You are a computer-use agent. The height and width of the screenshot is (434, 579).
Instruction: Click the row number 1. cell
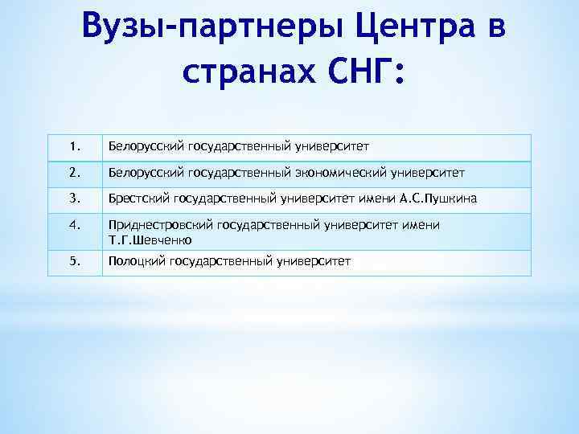click(74, 147)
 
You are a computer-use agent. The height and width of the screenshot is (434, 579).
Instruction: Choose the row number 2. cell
click(74, 172)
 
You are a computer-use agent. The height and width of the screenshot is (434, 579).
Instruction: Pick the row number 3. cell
click(74, 198)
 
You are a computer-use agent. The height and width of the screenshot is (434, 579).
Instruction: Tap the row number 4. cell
click(74, 225)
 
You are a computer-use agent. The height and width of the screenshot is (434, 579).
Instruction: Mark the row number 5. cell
click(74, 261)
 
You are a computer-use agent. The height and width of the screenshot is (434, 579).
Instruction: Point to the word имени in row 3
click(378, 198)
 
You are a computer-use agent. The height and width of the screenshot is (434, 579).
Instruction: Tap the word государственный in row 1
click(230, 147)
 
